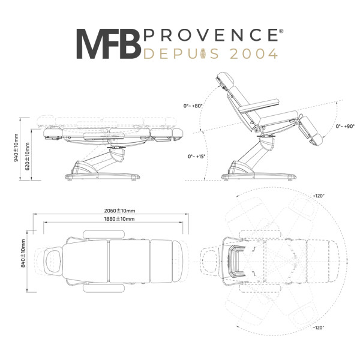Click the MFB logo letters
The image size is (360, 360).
pos(109,44)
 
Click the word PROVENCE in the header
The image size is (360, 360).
pos(211,35)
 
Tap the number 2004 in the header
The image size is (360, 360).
pos(254,54)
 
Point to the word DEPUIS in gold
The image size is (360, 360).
pos(181,54)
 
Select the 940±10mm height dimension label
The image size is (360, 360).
pos(16,148)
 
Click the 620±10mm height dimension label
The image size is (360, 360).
pos(28,157)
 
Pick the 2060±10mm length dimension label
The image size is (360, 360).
pos(119,211)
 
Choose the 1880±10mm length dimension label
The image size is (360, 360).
pos(119,219)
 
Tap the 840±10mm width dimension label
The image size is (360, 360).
pos(23,253)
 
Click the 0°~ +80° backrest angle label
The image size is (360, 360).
pos(193,106)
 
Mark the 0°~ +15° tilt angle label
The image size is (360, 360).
pos(197,157)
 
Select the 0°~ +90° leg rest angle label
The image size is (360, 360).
pos(345,126)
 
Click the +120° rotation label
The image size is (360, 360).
pos(319,196)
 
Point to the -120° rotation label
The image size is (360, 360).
pos(319,328)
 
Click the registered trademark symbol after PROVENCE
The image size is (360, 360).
pos(281,31)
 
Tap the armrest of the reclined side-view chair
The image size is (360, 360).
pos(259,106)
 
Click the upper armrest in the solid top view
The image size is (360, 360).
pos(104,235)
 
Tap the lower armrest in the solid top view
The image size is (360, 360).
pos(104,289)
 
